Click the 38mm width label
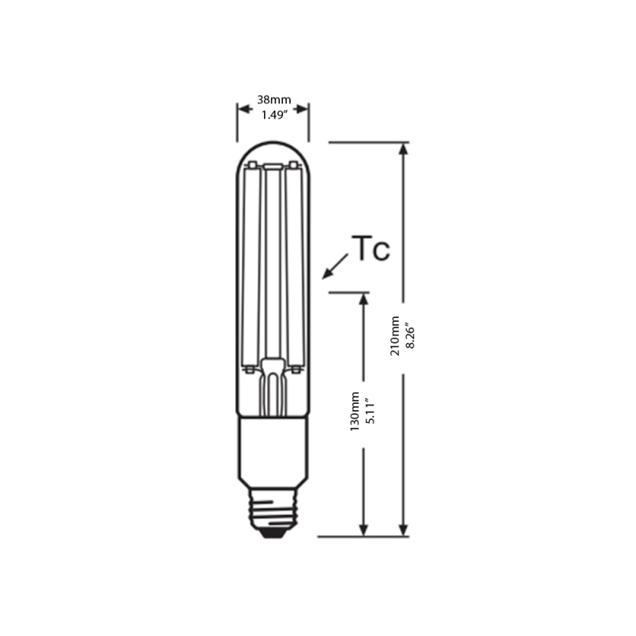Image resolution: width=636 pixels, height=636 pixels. pos(273,100)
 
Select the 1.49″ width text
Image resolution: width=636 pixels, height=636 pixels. pos(273,114)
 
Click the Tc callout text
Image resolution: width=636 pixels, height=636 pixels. pos(370,249)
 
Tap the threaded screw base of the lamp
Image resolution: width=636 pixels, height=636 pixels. pos(273,509)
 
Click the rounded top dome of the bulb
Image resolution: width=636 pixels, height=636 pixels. pos(273,151)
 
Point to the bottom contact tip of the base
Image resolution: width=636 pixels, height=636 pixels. pos(273,534)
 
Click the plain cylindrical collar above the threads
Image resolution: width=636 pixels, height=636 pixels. pos(273,449)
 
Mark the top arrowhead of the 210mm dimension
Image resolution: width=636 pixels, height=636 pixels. pos(404,149)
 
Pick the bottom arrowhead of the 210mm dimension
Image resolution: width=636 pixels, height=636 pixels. pos(404,529)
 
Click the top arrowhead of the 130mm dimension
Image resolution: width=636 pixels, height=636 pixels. pos(364,299)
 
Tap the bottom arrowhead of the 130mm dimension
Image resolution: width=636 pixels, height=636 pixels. pos(364,529)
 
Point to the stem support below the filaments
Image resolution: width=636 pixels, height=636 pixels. pos(273,386)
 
